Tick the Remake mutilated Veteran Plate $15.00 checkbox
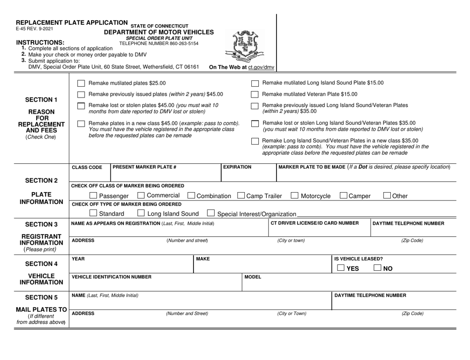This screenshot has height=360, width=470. [x=255, y=94]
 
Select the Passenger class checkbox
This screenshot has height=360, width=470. [x=94, y=196]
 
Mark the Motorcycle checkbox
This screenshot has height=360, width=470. [x=295, y=196]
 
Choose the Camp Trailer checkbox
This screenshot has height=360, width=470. [x=241, y=196]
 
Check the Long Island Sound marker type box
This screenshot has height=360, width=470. [x=140, y=213]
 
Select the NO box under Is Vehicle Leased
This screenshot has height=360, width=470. [x=378, y=268]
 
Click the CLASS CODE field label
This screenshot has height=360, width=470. [x=87, y=168]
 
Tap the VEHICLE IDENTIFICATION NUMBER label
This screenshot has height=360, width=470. [x=112, y=277]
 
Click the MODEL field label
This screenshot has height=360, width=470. [x=253, y=277]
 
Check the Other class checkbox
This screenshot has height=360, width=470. [x=388, y=196]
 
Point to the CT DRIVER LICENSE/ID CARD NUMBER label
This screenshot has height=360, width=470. [x=314, y=223]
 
